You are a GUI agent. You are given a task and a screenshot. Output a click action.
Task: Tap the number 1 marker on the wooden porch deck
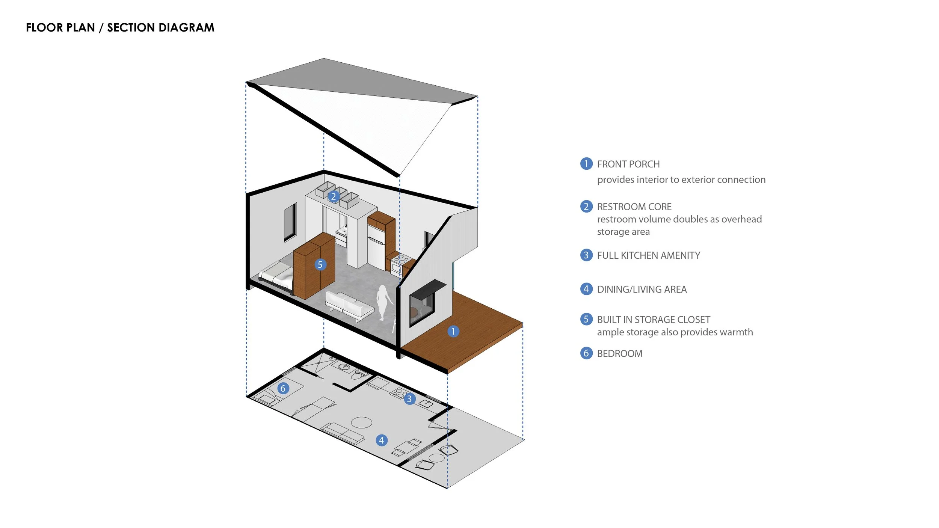(453, 331)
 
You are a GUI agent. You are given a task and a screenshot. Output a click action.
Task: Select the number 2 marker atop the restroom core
(333, 196)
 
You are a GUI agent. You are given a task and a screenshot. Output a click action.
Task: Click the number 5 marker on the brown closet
(320, 264)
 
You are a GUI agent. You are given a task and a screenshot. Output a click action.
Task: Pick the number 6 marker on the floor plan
(283, 388)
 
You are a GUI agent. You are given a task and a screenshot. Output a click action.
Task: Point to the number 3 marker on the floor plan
(409, 399)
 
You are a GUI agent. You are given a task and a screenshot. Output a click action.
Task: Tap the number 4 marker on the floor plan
(381, 440)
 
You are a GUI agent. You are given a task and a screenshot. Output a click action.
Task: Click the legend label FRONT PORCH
(628, 164)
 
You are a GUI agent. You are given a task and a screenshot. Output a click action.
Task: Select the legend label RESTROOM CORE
(634, 207)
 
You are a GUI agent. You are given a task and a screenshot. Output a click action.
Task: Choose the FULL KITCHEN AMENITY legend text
(648, 255)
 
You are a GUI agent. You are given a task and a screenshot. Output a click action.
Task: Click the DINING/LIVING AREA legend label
(642, 289)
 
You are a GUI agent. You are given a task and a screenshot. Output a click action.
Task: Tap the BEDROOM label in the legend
(619, 353)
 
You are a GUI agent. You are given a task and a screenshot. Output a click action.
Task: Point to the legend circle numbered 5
(586, 319)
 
